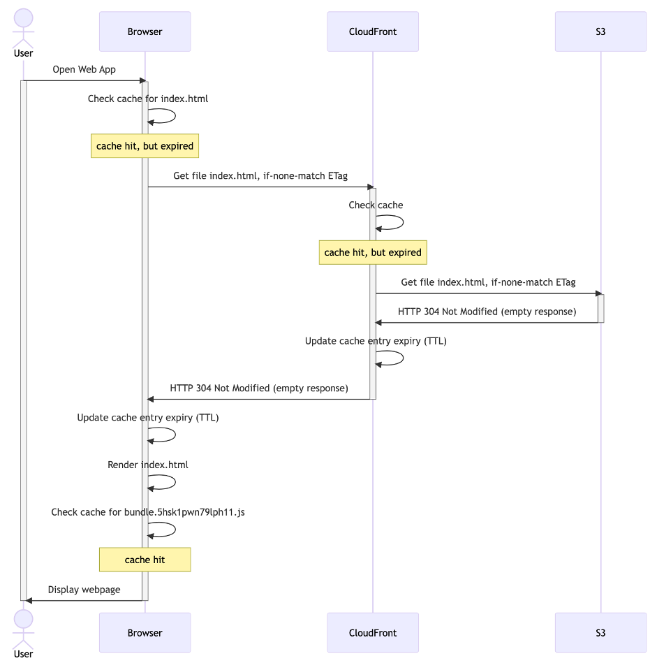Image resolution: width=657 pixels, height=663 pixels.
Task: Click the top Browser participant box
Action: click(x=145, y=31)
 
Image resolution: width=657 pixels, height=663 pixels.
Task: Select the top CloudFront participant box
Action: click(x=373, y=31)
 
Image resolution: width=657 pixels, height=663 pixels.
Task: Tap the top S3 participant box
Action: click(x=600, y=31)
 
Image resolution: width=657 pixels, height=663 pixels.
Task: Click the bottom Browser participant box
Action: click(x=145, y=633)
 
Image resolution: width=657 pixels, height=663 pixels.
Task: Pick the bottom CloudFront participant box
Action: click(x=373, y=633)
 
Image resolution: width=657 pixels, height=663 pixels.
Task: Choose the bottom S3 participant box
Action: click(x=600, y=633)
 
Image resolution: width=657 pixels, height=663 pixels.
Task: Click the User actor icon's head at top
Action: click(x=23, y=19)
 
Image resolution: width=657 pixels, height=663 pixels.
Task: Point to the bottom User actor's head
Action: click(x=23, y=619)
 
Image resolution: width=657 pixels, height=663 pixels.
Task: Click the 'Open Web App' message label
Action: click(x=84, y=70)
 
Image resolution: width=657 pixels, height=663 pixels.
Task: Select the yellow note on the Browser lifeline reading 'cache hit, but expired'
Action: click(x=145, y=146)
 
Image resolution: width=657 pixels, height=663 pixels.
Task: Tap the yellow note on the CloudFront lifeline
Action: click(x=373, y=252)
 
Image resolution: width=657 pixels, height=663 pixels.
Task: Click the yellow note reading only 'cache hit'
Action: click(x=145, y=560)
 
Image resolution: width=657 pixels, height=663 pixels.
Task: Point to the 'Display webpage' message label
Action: click(x=84, y=590)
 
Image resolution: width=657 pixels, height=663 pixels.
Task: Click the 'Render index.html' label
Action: click(x=147, y=465)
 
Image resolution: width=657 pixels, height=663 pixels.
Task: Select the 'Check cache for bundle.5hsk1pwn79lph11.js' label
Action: click(x=147, y=512)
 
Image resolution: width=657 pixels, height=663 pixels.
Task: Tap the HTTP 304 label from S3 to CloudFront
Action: click(x=487, y=312)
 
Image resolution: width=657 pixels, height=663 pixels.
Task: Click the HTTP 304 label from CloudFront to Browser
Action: click(x=259, y=388)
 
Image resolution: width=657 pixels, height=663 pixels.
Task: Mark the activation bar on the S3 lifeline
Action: click(x=600, y=308)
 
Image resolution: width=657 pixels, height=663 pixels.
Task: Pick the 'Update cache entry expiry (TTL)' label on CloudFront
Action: click(x=376, y=341)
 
